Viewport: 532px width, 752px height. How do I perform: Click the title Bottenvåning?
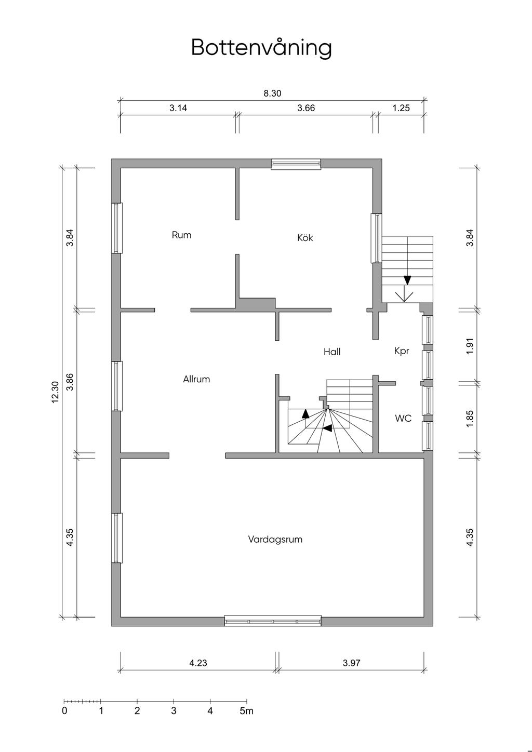pyautogui.click(x=261, y=48)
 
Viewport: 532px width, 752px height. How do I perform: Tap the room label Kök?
pyautogui.click(x=305, y=237)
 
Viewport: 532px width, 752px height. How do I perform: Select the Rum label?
pyautogui.click(x=181, y=235)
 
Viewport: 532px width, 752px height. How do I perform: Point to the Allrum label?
pyautogui.click(x=196, y=379)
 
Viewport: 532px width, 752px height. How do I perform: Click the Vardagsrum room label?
pyautogui.click(x=275, y=540)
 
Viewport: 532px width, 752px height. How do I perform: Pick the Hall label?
pyautogui.click(x=332, y=352)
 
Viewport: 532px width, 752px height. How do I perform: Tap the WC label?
pyautogui.click(x=403, y=418)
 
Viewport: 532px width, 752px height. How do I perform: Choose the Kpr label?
pyautogui.click(x=402, y=351)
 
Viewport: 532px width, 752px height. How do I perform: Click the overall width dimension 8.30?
pyautogui.click(x=272, y=93)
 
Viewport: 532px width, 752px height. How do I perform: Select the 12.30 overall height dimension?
pyautogui.click(x=56, y=392)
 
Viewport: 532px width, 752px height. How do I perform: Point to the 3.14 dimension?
pyautogui.click(x=178, y=108)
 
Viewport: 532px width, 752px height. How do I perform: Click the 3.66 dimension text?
pyautogui.click(x=306, y=108)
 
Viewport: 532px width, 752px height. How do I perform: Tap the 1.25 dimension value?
pyautogui.click(x=401, y=108)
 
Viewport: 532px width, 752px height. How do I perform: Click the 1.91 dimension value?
pyautogui.click(x=470, y=345)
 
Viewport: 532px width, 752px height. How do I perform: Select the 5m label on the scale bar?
pyautogui.click(x=247, y=710)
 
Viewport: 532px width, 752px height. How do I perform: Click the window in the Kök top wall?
pyautogui.click(x=296, y=164)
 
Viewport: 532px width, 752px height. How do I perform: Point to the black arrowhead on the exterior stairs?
pyautogui.click(x=407, y=280)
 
